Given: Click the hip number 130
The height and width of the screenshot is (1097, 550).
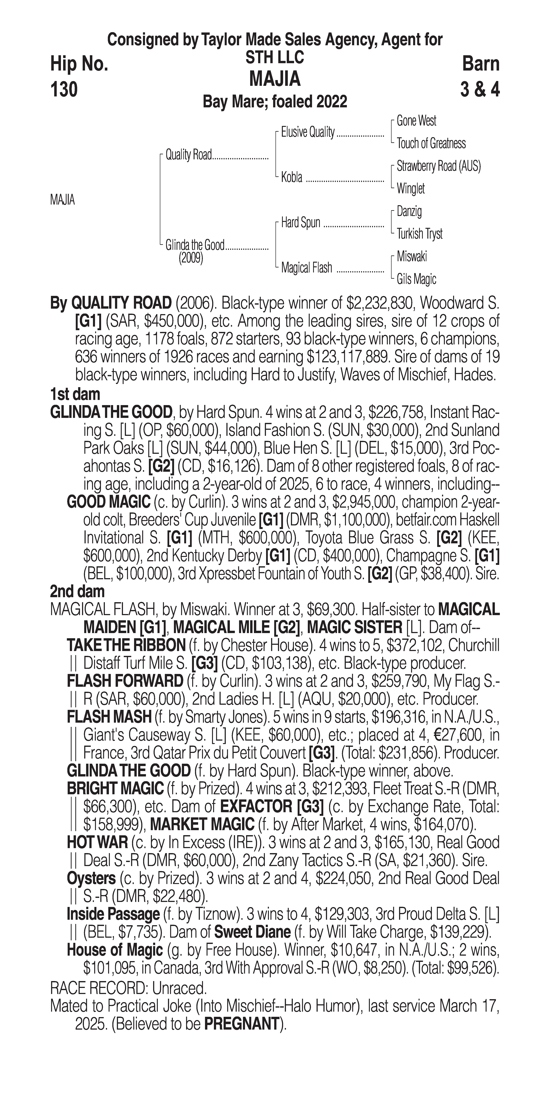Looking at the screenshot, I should point(64,89).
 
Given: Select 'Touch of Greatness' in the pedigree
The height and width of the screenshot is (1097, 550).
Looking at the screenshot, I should point(431,144).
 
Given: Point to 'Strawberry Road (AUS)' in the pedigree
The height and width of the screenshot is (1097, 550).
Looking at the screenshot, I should point(438,166).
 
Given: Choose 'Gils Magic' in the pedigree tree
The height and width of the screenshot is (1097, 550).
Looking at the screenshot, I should point(416,279).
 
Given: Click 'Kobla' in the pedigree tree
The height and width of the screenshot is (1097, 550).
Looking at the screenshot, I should point(292,177).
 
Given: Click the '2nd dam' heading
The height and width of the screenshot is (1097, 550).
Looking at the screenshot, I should point(77,592).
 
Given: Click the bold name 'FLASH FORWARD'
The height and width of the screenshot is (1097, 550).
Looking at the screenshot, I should point(125,681).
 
